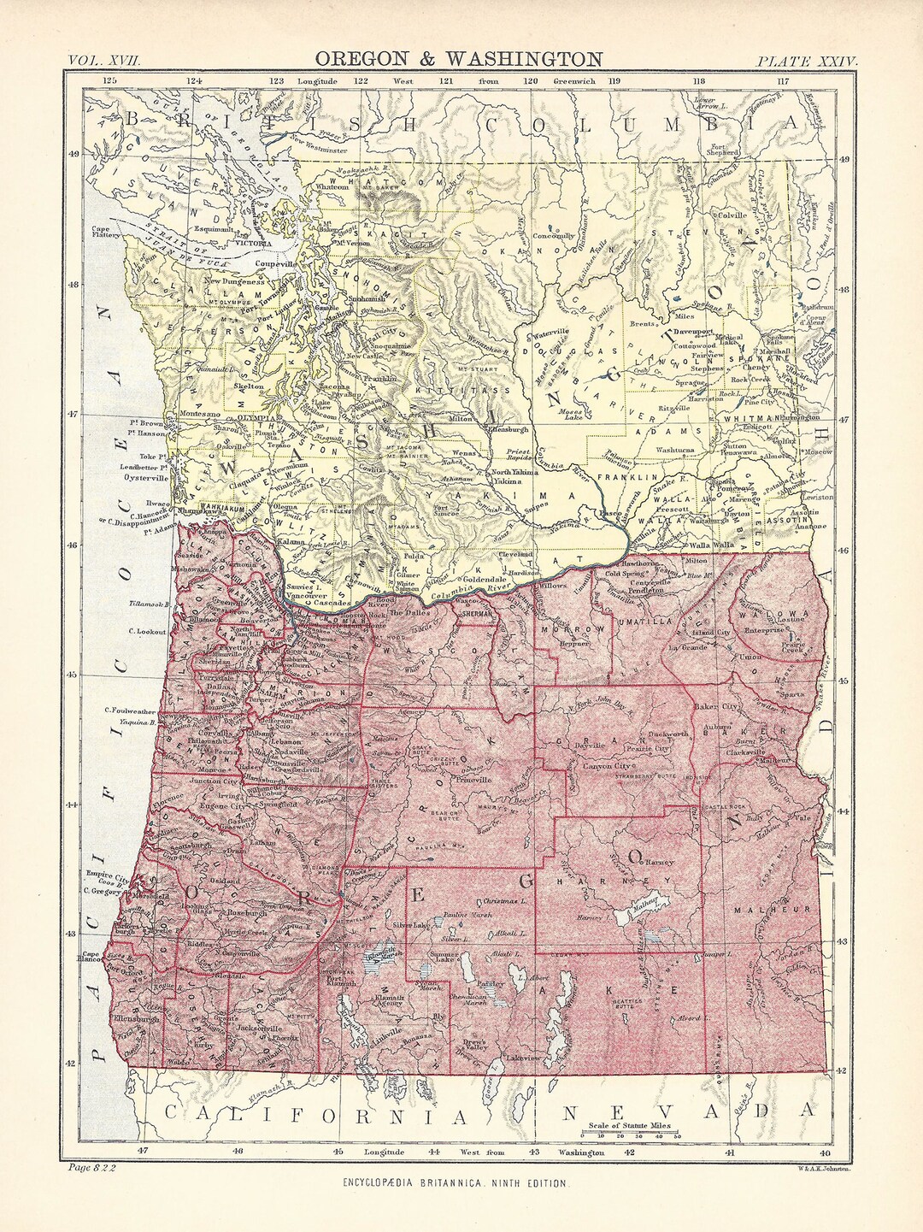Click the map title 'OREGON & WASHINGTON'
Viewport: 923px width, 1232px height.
[459, 58]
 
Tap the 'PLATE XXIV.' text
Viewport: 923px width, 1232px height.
[806, 60]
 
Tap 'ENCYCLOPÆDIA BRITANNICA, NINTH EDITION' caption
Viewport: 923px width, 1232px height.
[460, 1183]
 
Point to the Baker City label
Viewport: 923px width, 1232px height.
[717, 708]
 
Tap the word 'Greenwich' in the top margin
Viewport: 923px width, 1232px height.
[574, 81]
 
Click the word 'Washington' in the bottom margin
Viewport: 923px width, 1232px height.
[582, 1152]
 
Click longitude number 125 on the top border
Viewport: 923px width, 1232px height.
[109, 81]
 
